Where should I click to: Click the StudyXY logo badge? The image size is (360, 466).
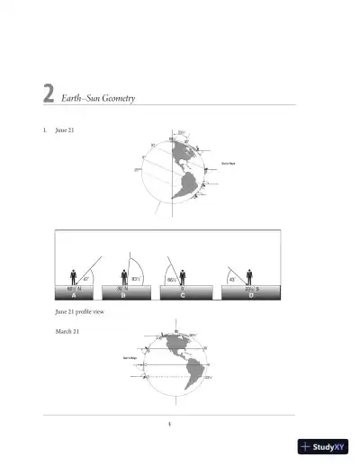322,445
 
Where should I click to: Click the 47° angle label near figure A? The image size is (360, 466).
85,281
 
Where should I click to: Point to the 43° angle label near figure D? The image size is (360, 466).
232,280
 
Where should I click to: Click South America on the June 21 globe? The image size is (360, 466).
187,186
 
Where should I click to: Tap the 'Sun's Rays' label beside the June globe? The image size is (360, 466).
228,163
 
